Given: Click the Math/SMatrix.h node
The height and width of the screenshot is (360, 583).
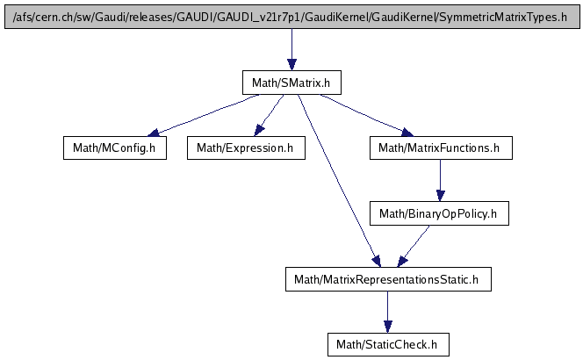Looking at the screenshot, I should [x=291, y=83].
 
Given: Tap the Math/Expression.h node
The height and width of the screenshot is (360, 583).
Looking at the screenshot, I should [x=245, y=148].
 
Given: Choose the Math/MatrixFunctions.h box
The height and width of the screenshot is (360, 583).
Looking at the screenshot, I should [x=439, y=148].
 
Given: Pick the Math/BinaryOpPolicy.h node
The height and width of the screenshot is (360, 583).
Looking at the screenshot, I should [x=439, y=213].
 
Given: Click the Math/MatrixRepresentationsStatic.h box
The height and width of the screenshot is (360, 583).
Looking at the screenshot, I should [x=387, y=279].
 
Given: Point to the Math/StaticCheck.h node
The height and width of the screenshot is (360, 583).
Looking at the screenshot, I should [x=387, y=344].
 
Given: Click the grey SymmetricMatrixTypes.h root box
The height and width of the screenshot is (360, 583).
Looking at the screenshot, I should [x=291, y=17].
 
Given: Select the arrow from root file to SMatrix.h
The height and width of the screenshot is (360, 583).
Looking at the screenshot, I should [x=291, y=49].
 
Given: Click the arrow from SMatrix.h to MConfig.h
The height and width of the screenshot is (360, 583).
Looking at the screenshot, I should [x=202, y=115].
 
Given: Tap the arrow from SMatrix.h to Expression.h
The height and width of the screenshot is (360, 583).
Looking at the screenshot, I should [x=268, y=115].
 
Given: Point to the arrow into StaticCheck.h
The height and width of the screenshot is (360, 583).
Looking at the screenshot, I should [x=387, y=312].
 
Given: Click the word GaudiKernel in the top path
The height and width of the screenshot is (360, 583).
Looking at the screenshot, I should [x=348, y=17].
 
